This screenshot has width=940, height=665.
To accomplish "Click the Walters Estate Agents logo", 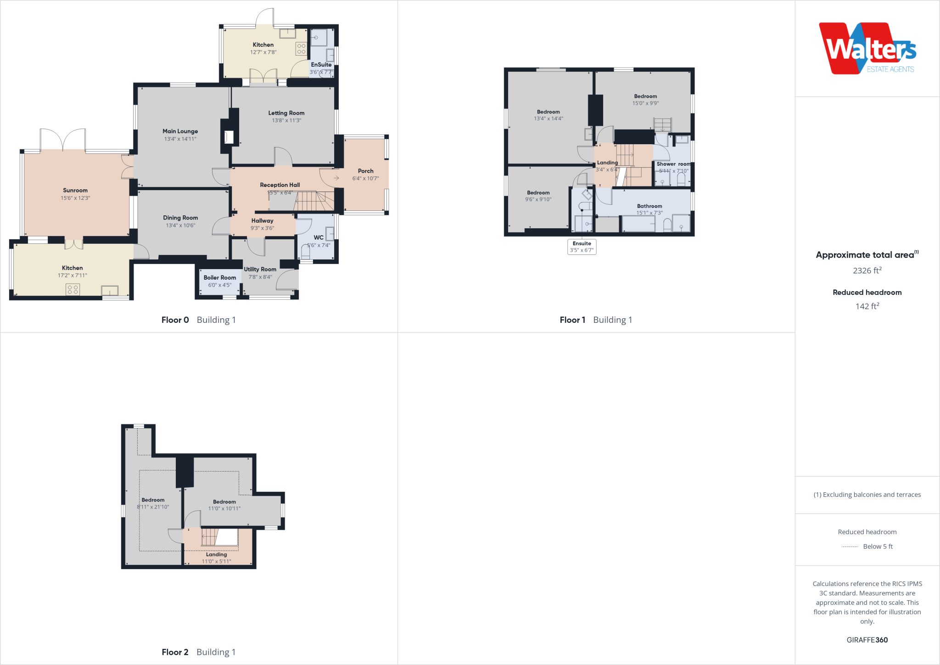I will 867,49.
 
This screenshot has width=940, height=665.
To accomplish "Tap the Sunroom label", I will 75,190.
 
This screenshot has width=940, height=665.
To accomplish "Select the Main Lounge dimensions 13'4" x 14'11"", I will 180,139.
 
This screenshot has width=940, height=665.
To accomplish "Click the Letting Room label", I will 286,113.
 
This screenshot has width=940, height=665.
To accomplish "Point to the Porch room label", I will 365,171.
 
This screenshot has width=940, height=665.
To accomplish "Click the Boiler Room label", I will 219,277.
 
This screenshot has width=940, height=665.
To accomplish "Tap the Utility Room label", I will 260,269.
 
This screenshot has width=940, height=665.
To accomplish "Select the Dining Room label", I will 180,218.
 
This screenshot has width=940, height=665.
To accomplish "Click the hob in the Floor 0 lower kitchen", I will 73,289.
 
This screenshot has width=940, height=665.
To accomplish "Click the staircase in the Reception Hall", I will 312,201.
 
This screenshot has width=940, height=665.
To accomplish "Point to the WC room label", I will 319,237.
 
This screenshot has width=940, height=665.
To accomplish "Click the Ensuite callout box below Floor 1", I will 582,247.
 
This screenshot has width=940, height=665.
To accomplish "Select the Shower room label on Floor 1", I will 673,164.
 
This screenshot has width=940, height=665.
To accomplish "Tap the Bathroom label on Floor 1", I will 649,206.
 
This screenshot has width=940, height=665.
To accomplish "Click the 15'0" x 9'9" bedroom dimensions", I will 645,103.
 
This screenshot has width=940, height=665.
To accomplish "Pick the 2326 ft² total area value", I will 867,271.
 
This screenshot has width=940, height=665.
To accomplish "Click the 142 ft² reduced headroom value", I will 867,306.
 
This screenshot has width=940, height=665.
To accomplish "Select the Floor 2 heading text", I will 175,652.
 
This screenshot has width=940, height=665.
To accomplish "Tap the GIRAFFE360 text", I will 867,640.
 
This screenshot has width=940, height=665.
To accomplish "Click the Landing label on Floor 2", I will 216,554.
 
